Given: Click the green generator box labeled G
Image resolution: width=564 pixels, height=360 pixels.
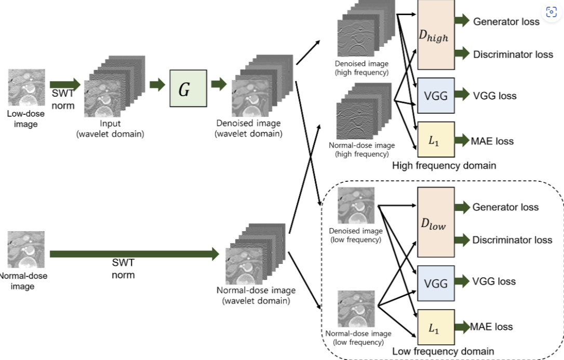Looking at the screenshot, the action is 188,88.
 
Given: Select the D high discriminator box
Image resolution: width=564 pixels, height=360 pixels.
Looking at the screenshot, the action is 436,35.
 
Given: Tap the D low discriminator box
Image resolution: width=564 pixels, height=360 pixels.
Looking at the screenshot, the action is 436,222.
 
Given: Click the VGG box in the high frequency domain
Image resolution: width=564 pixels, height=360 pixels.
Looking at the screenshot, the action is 436,95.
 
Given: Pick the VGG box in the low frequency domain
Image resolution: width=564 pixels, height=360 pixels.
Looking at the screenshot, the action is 436,284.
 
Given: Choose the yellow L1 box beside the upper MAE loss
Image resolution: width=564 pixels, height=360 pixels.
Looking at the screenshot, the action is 436,140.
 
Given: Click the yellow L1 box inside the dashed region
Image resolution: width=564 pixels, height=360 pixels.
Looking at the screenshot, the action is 436,327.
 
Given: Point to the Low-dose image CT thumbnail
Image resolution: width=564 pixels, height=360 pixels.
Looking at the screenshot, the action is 26,87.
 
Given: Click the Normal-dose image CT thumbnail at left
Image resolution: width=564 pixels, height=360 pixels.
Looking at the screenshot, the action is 26,249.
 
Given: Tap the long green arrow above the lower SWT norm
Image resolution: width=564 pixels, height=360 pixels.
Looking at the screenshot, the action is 135,254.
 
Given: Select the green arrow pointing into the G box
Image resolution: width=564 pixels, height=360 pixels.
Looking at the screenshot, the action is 157,85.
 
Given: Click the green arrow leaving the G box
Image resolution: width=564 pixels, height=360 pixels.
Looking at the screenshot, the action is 219,84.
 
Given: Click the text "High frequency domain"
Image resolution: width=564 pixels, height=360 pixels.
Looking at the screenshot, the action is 444,165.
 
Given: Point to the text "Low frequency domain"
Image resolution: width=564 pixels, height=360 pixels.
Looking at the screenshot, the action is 443,351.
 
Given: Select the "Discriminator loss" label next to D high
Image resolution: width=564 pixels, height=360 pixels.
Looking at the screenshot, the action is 513,55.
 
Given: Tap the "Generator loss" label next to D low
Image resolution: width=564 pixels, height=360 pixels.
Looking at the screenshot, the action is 505,207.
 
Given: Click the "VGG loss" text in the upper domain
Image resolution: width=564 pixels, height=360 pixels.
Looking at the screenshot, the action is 494,96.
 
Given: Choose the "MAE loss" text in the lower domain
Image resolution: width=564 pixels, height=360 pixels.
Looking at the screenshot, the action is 491,327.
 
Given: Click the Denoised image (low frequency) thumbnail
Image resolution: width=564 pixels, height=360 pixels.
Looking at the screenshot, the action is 356,205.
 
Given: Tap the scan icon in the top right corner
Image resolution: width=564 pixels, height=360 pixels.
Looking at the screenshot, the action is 551,12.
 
